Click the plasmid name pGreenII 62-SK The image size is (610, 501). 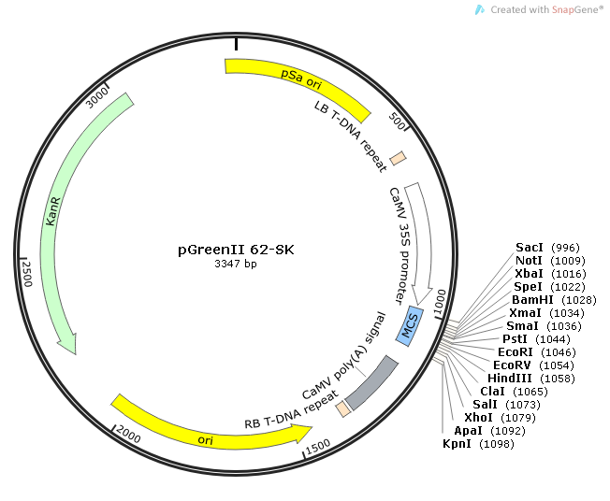pos(236,250)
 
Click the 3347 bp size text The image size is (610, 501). pos(236,265)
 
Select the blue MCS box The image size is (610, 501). pos(410,326)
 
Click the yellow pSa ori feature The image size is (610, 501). pos(296,80)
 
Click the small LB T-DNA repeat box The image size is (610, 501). pos(398,159)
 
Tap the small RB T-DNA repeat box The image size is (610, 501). pos(344,408)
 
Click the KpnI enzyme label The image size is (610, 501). pos(458,443)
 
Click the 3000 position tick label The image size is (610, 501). pos(96,98)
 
